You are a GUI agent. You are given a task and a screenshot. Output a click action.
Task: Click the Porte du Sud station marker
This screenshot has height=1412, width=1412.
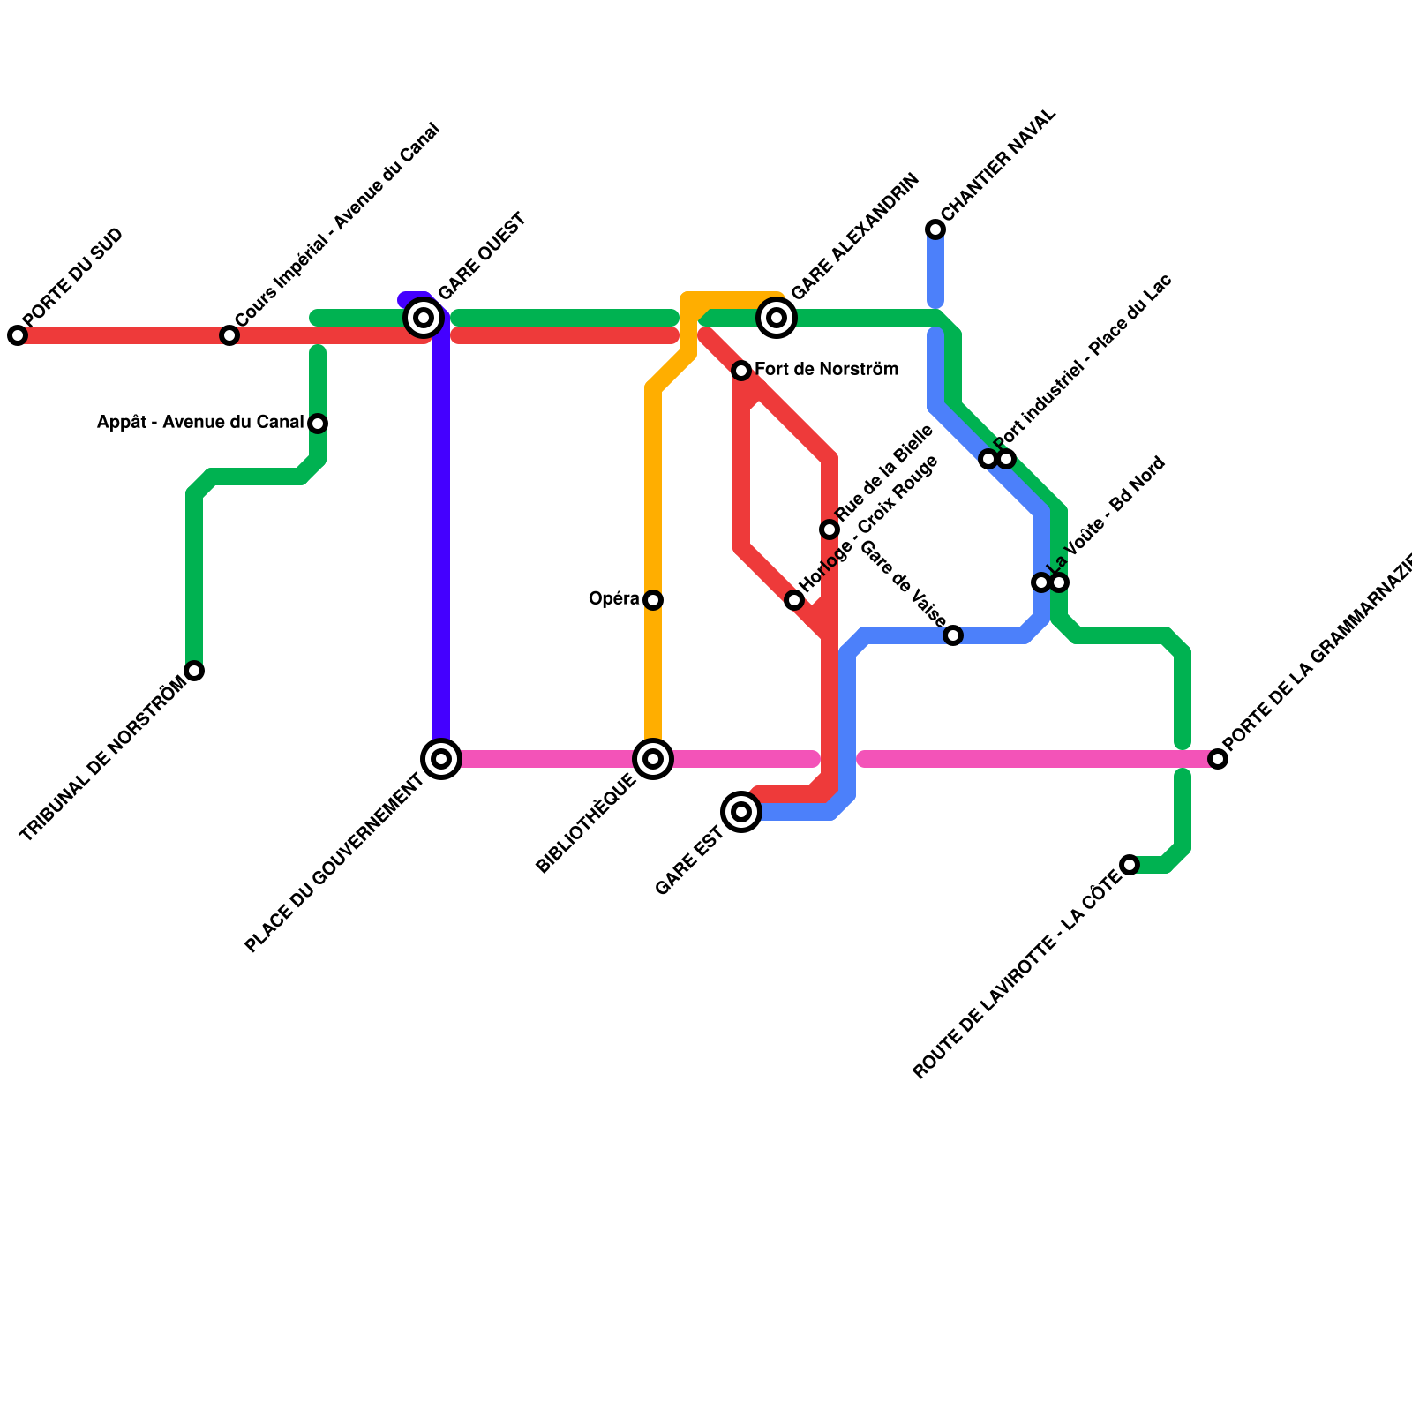[18, 335]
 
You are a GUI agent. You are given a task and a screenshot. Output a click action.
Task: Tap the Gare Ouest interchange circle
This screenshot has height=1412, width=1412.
[424, 318]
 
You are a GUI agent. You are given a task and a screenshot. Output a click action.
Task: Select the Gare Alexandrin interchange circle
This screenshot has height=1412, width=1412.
[777, 318]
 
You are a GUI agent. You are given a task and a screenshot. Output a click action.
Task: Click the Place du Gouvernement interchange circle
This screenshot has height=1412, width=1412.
[442, 759]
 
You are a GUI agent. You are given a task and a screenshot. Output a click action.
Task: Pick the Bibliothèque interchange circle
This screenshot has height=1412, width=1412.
[653, 759]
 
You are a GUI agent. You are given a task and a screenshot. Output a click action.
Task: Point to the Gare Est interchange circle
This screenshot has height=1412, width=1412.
[742, 812]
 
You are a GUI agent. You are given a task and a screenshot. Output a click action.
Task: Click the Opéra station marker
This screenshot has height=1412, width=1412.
[653, 600]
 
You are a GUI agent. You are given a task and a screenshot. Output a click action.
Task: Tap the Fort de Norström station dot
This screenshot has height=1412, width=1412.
[741, 371]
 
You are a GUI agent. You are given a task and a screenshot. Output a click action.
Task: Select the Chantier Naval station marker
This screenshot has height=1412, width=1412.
[935, 229]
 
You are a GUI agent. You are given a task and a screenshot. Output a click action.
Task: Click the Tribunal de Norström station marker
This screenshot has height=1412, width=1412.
[195, 671]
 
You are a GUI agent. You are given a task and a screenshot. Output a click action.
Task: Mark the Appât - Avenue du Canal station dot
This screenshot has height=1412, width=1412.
[319, 424]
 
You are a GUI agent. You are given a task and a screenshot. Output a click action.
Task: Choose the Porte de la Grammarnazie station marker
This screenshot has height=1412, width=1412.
[1218, 759]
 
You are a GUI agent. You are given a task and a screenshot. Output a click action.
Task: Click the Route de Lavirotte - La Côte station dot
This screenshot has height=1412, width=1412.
[1130, 865]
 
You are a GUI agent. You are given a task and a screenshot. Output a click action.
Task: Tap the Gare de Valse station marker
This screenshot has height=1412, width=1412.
[953, 635]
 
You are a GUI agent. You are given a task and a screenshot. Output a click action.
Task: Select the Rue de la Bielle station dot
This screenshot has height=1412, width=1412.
[830, 529]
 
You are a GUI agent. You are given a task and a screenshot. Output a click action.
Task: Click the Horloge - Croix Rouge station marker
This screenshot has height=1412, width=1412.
[794, 600]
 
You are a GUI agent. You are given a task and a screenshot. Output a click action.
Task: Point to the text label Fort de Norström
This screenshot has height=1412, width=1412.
[826, 370]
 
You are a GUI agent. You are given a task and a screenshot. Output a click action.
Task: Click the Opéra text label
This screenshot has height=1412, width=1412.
[614, 599]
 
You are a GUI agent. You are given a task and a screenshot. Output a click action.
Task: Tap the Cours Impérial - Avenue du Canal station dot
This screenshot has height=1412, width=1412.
[229, 335]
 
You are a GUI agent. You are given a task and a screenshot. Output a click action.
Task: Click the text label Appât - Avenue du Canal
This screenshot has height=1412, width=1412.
[200, 423]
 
